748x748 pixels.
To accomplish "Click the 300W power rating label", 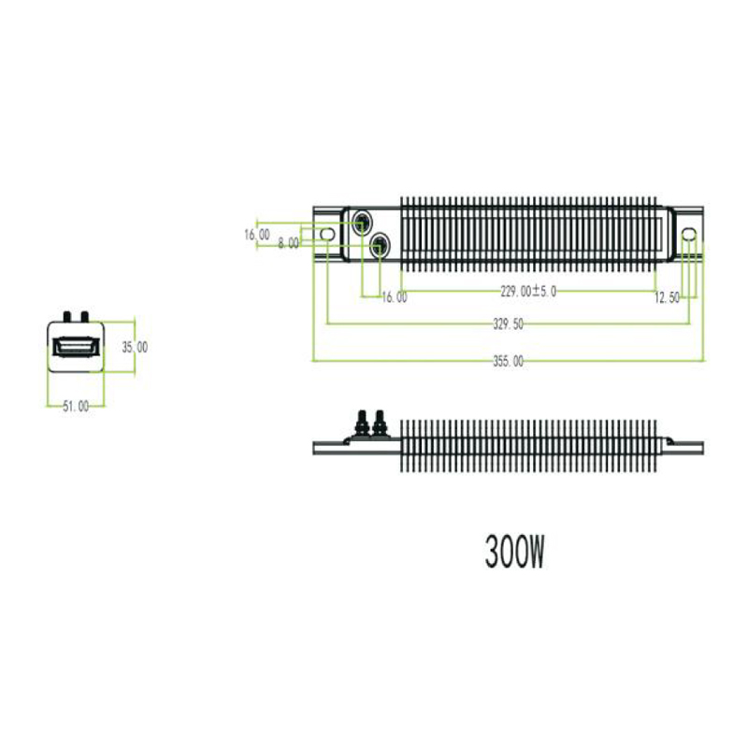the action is click(x=514, y=552).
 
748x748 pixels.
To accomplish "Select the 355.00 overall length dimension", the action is click(x=508, y=362).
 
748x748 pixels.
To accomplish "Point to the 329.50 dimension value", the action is click(x=508, y=324).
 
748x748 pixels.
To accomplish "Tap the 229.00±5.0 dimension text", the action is click(x=528, y=291).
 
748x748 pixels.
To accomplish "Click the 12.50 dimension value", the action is click(x=667, y=298).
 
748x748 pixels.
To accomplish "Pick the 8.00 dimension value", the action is click(x=289, y=243).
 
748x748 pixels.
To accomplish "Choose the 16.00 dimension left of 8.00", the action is click(x=256, y=235).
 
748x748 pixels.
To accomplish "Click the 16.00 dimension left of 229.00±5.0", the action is click(x=395, y=297).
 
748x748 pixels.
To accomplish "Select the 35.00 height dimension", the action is click(x=135, y=347).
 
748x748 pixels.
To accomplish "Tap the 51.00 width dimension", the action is click(x=76, y=407).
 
